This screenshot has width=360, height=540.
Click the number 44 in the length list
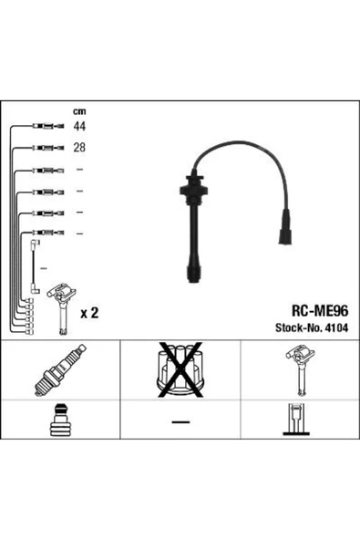[79, 127]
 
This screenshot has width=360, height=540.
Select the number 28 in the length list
[79, 148]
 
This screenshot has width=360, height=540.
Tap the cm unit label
[79, 111]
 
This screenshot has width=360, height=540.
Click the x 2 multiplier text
[89, 313]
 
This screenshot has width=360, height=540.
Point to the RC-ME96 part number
[320, 311]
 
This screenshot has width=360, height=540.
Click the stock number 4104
[336, 327]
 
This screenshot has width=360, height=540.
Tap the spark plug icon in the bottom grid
[60, 369]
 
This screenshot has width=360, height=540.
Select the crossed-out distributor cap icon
[180, 369]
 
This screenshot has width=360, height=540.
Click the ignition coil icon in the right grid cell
[301, 371]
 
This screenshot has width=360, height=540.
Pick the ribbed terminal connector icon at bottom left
[60, 420]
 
